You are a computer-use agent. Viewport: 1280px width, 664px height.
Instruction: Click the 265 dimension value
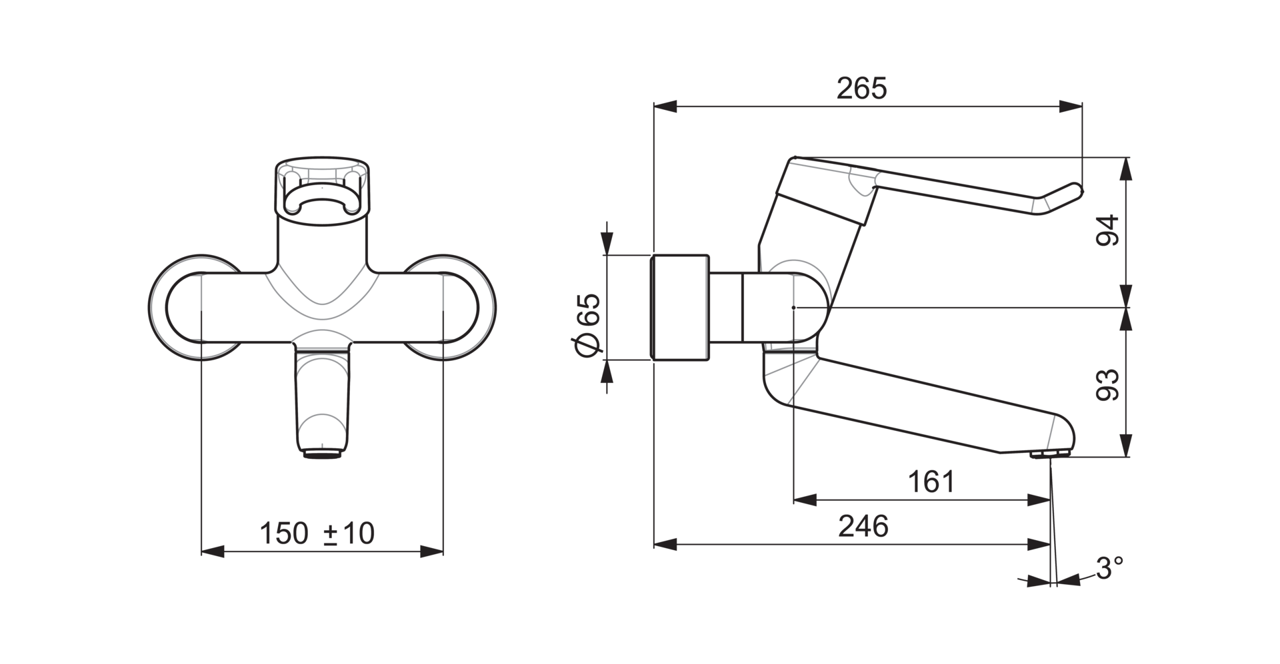tap(862, 89)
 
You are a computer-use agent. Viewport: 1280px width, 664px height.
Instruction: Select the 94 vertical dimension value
tap(1108, 231)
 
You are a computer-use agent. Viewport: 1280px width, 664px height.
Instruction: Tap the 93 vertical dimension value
tap(1108, 384)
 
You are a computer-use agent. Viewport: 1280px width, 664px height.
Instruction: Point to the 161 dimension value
tap(931, 482)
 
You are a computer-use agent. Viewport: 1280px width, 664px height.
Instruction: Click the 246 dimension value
tap(863, 526)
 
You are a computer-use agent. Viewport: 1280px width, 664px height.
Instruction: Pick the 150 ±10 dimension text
tap(317, 533)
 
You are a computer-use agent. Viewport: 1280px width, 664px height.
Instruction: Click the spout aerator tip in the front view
tap(323, 455)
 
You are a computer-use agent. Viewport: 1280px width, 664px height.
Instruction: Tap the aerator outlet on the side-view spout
tap(1049, 454)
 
